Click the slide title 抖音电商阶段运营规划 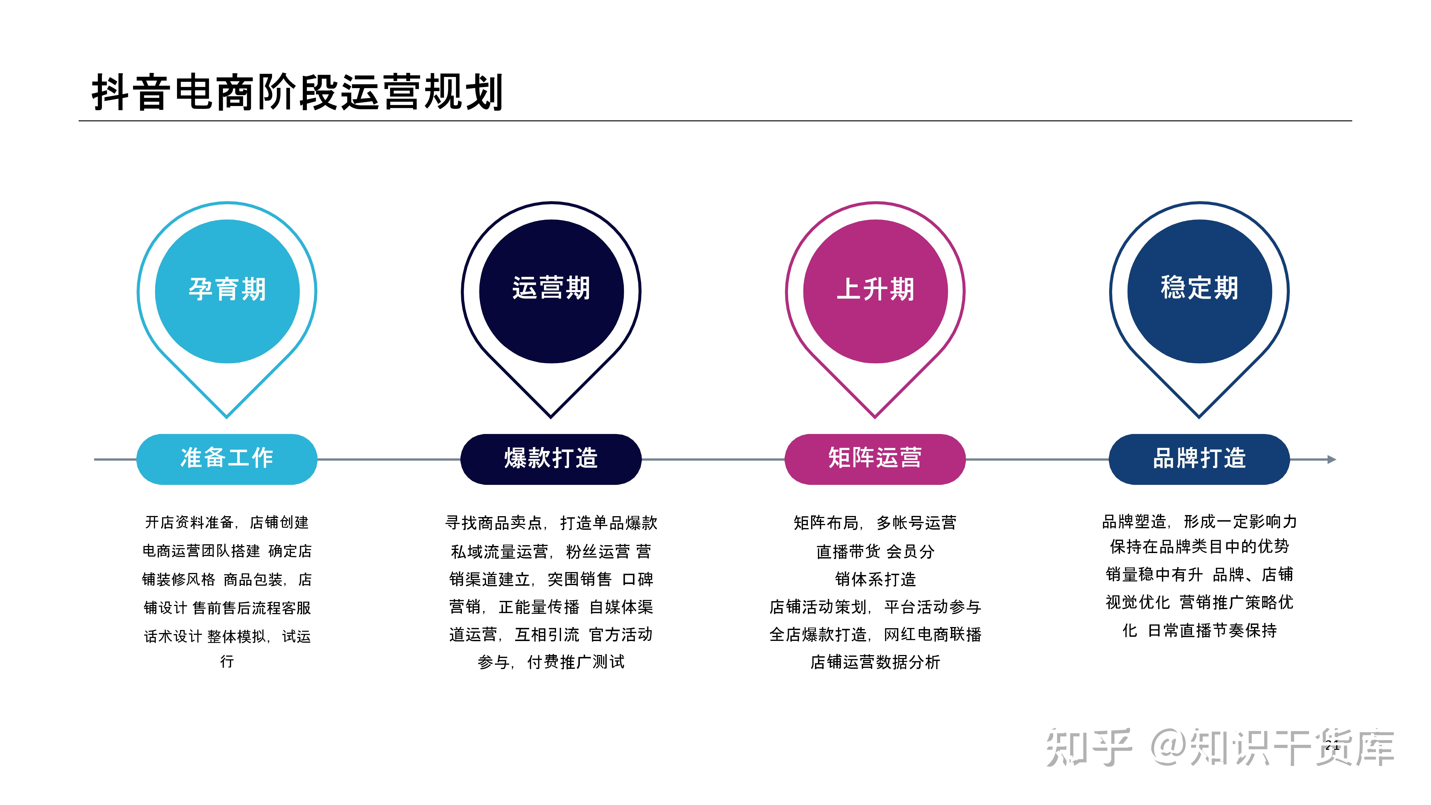point(297,92)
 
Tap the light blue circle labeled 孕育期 point(227,291)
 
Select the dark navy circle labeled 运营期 point(551,291)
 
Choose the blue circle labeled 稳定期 point(1199,291)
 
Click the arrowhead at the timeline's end point(1332,460)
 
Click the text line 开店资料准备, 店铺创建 point(227,522)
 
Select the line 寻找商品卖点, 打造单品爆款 point(551,523)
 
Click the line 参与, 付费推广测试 point(551,662)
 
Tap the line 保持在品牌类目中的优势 point(1199,547)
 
